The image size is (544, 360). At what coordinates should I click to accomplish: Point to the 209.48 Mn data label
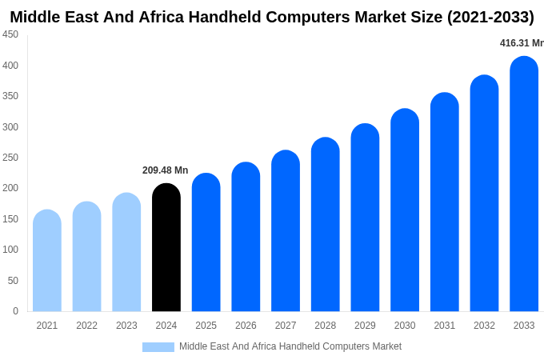(x=166, y=170)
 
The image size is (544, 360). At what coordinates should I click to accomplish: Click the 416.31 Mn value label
(x=521, y=43)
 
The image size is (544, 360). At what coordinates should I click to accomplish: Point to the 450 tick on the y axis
(x=10, y=34)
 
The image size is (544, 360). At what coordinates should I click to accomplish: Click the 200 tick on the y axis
(x=10, y=188)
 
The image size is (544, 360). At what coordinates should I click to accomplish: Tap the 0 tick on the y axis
(x=15, y=311)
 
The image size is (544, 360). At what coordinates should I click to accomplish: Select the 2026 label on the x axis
(x=246, y=326)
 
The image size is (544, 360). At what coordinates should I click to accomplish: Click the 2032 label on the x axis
(x=484, y=326)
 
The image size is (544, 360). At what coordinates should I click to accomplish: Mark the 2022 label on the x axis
(x=86, y=326)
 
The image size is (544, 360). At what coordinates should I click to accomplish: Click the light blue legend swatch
(x=158, y=346)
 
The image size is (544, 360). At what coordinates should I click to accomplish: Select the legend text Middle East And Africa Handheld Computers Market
(x=290, y=346)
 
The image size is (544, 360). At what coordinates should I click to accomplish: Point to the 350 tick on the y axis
(x=10, y=96)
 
